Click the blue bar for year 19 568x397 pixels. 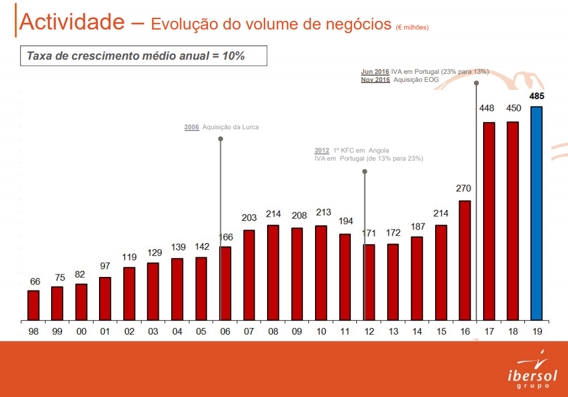(536, 214)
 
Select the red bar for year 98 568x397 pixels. (33, 305)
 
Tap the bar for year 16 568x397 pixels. (464, 260)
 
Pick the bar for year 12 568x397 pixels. (369, 283)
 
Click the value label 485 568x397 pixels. (536, 97)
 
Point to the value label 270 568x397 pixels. (463, 188)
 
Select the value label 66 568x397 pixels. (34, 281)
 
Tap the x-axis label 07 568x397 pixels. (249, 331)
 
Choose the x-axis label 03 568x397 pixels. (153, 331)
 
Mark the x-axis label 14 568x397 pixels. (417, 331)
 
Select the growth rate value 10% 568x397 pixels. (233, 56)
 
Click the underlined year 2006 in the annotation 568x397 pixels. (191, 127)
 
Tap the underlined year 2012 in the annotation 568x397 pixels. (322, 151)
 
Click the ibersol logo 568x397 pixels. (532, 371)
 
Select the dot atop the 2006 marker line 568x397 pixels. (220, 139)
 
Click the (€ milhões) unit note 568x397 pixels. (412, 27)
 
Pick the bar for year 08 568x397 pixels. (273, 273)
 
